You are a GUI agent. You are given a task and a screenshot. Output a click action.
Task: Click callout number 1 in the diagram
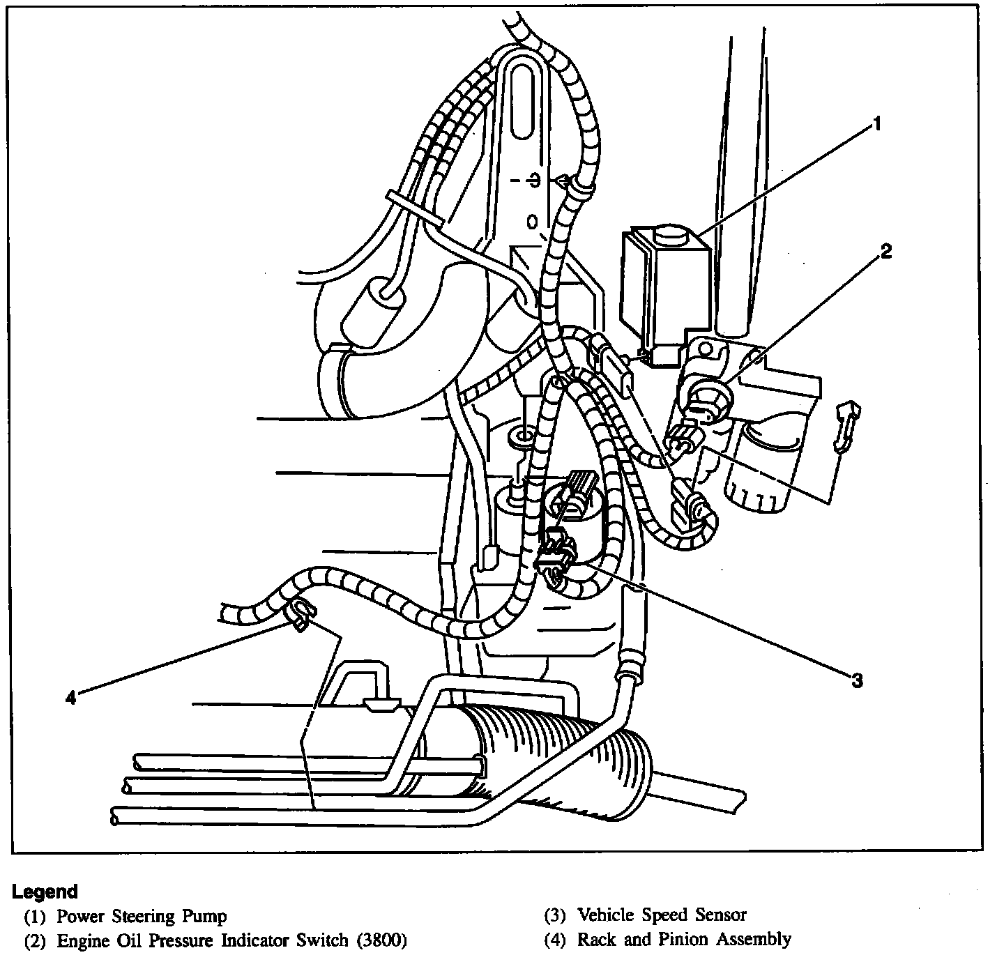(877, 125)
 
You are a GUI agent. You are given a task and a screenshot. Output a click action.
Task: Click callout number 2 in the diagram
(885, 251)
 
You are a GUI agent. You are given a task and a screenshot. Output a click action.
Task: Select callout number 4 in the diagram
(70, 697)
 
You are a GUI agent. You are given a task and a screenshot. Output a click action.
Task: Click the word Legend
(45, 891)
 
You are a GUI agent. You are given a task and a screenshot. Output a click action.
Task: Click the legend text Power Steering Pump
(142, 915)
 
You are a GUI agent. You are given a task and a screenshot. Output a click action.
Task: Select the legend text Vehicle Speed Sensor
(662, 915)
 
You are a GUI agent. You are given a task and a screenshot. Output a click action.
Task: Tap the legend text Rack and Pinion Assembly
(684, 939)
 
